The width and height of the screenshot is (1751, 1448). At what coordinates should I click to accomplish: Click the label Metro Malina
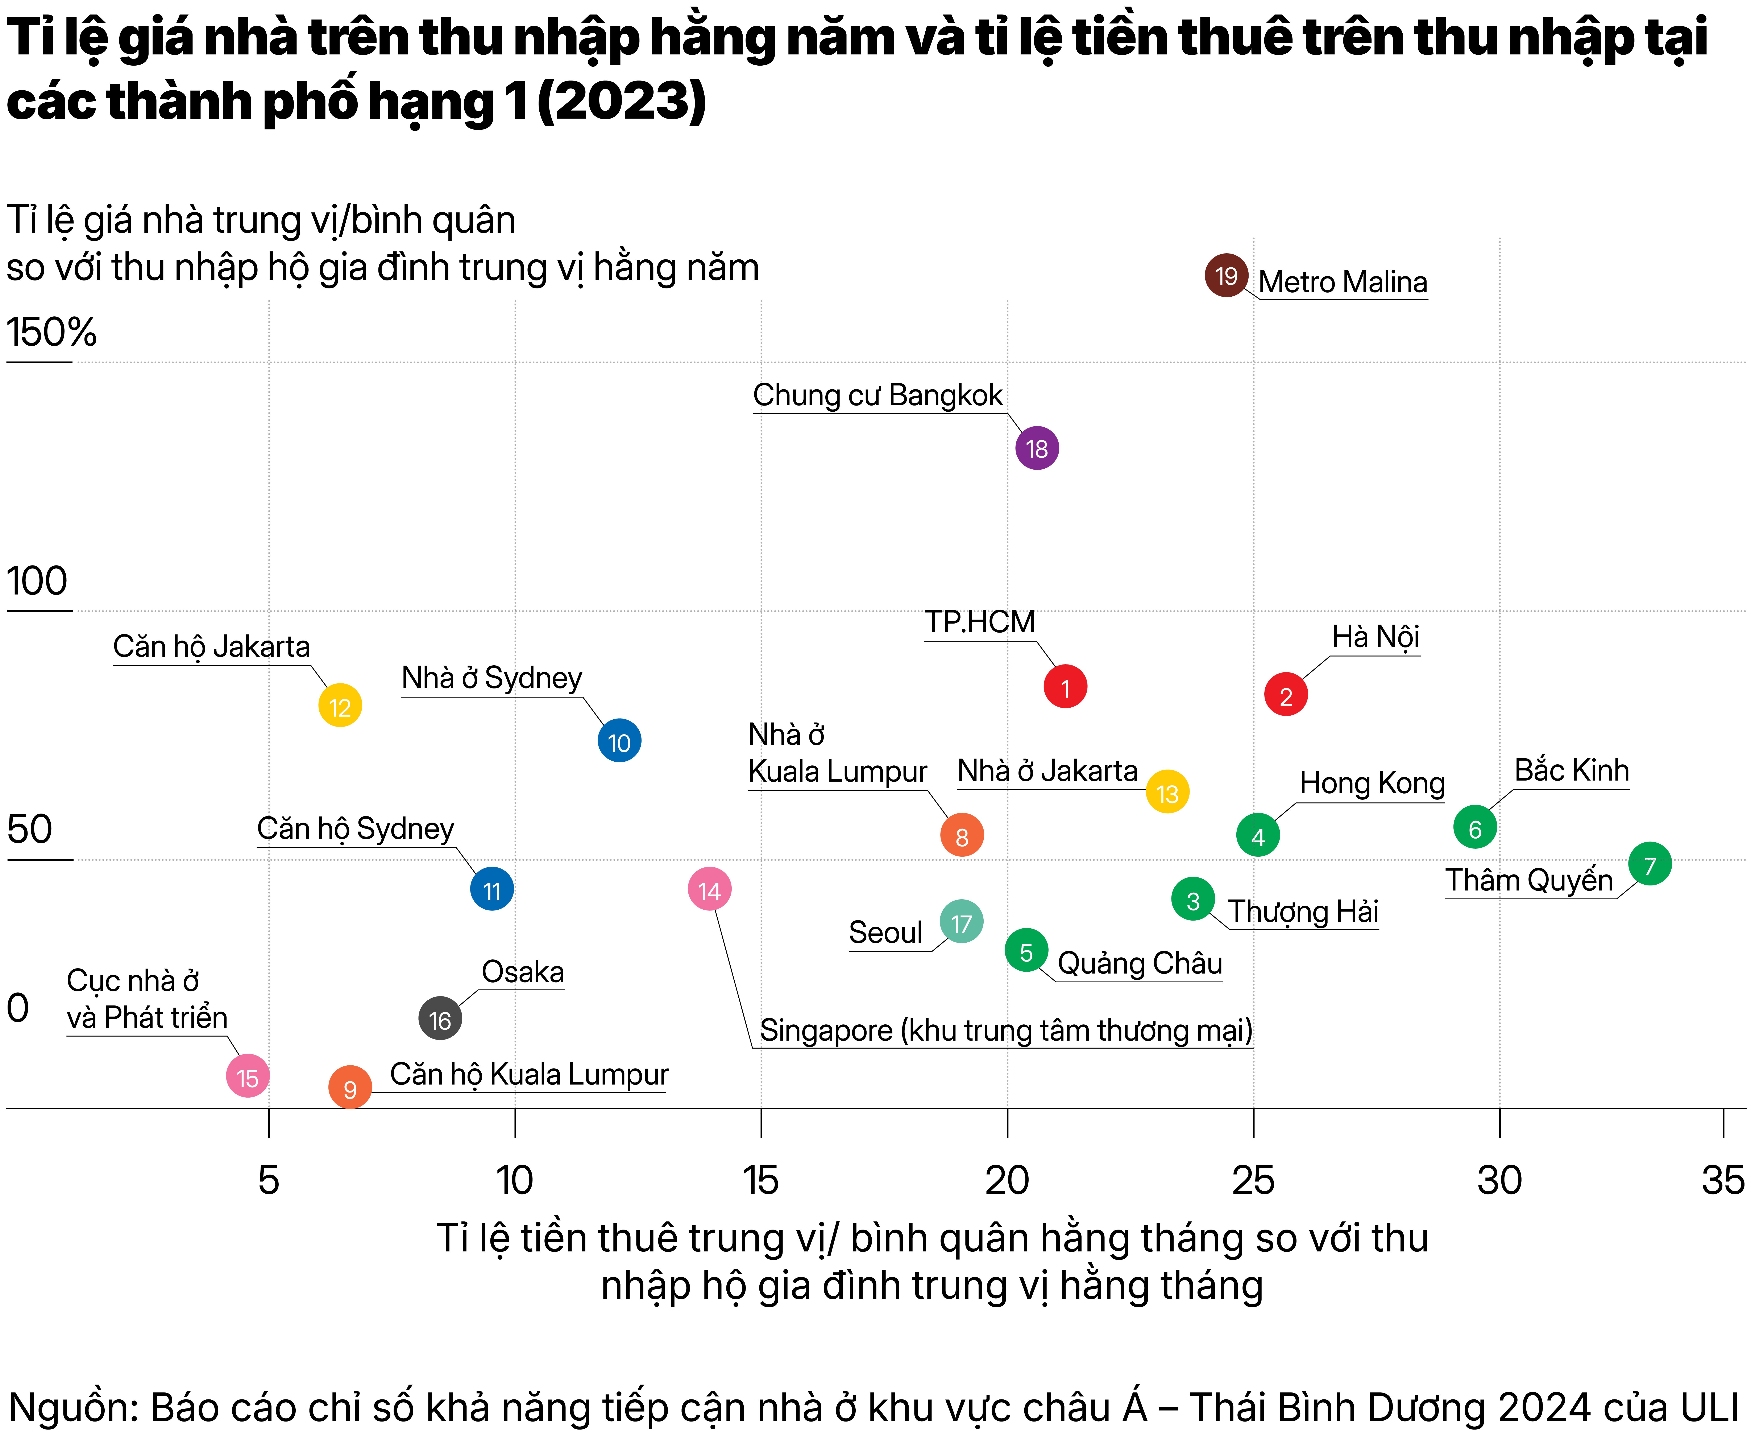click(x=1343, y=282)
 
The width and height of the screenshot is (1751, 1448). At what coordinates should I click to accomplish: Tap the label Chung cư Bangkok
click(x=878, y=395)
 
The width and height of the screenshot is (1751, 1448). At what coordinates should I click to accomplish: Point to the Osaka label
click(x=523, y=972)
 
